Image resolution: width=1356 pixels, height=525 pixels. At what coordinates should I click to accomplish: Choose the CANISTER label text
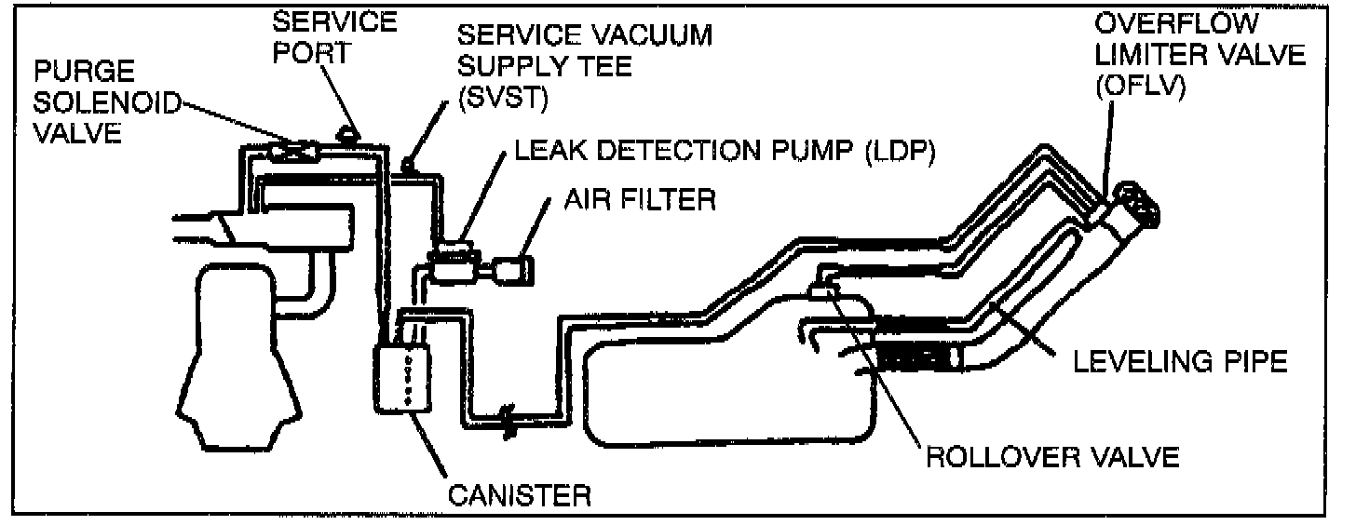click(520, 493)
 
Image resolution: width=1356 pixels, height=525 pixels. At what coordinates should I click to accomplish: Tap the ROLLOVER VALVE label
click(1051, 456)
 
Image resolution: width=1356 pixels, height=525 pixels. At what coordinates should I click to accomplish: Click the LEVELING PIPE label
click(1179, 361)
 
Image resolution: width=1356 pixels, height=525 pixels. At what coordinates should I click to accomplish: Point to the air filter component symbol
click(514, 271)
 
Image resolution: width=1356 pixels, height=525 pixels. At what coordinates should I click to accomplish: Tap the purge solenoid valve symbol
click(292, 150)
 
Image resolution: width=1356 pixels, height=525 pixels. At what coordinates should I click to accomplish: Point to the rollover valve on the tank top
click(823, 291)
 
